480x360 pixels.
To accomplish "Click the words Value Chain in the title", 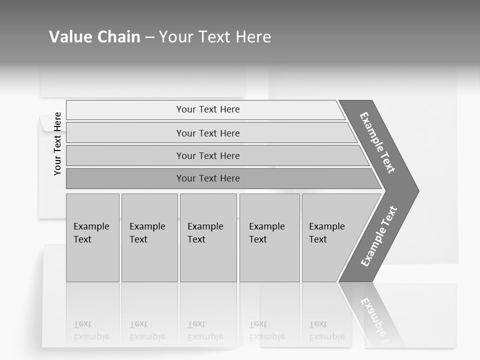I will point(94,37).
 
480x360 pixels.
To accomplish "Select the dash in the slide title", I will point(149,37).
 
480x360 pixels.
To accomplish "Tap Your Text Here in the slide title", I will point(215,37).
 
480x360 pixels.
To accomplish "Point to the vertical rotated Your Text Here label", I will point(57,143).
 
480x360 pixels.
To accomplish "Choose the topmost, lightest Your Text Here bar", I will point(207,109).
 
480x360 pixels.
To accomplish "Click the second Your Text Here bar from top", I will point(207,133).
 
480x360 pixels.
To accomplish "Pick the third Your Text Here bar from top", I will point(207,155).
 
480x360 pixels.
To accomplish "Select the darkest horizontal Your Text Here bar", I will point(207,178).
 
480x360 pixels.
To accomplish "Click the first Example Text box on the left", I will point(92,237).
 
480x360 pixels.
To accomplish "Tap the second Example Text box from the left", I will point(149,237).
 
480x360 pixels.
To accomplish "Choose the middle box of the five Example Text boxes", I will point(207,237).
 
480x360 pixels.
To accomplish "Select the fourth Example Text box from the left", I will point(269,237).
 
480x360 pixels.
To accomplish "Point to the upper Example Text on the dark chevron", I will point(377,142).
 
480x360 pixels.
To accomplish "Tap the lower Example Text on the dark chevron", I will point(378,236).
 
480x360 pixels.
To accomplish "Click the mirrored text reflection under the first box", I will point(91,330).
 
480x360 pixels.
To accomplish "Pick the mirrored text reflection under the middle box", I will point(205,330).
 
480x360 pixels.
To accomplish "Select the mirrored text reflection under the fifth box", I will point(326,330).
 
